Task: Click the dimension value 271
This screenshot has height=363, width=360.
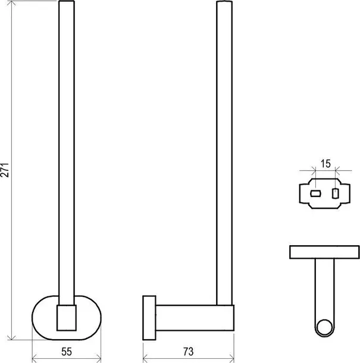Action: coord(5,170)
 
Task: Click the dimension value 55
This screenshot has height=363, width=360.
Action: coord(67,352)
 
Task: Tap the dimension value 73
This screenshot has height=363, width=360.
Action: coord(188,352)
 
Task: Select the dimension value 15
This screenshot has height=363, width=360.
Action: coord(325,164)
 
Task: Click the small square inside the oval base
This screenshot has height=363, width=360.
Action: coord(67,318)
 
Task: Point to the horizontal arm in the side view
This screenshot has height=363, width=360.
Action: coord(195,318)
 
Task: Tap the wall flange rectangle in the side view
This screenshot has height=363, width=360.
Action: coord(149,318)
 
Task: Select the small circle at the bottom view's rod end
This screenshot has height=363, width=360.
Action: coord(324,327)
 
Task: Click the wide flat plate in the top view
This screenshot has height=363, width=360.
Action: coord(324,252)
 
